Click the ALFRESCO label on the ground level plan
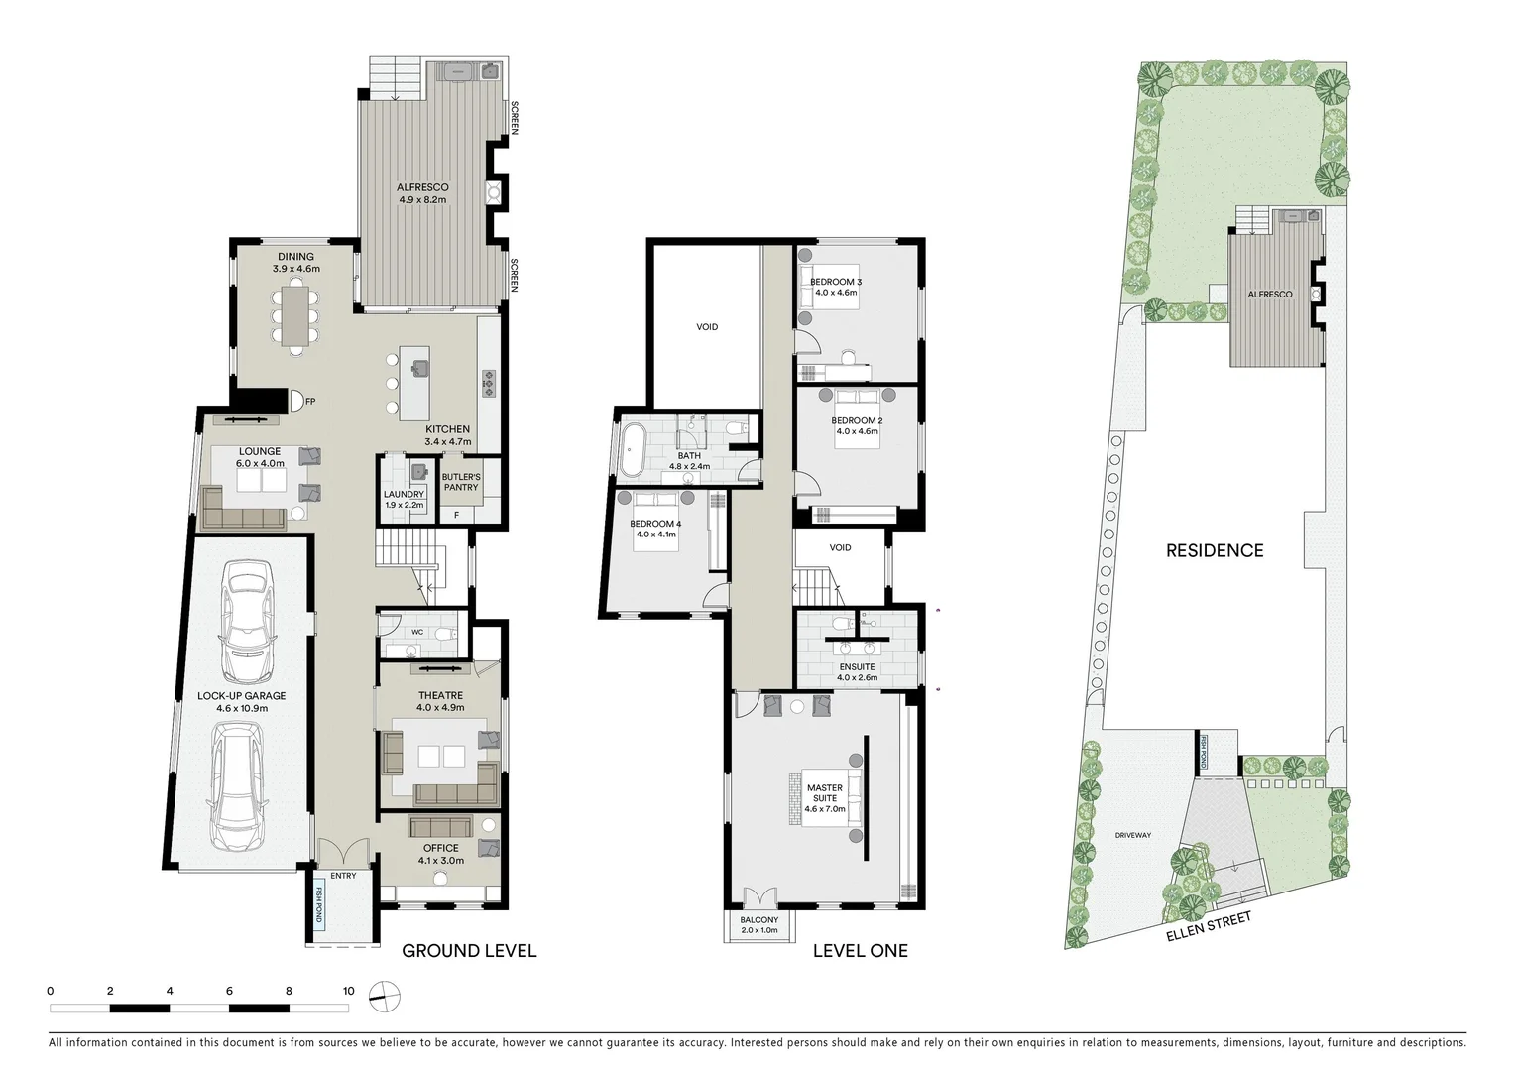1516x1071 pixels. (x=422, y=187)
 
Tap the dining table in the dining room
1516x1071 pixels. (x=294, y=315)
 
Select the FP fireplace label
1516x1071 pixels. (x=310, y=402)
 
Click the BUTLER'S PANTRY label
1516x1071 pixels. (x=461, y=482)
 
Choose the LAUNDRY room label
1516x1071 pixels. (x=404, y=494)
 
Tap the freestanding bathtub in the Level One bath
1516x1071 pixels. (x=634, y=450)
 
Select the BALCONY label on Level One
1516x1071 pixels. (x=759, y=920)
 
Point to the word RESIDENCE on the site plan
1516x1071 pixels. (x=1214, y=550)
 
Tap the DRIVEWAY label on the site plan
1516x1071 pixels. (x=1132, y=835)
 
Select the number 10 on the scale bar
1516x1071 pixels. (x=348, y=991)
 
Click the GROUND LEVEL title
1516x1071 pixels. (x=469, y=951)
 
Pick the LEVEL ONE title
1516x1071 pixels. (x=860, y=951)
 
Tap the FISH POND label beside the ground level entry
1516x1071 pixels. (x=320, y=903)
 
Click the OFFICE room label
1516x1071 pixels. (x=440, y=848)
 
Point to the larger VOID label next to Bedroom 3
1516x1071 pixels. (x=706, y=327)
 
